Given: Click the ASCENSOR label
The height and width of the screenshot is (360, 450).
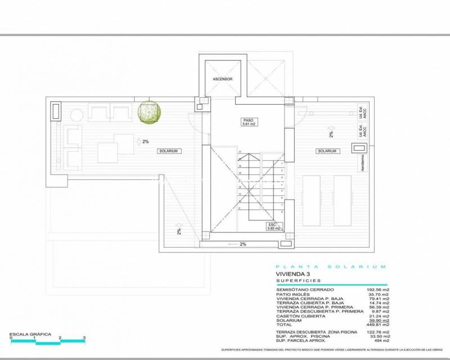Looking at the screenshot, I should point(223,79).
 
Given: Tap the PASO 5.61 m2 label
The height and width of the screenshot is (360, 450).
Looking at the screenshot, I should point(248,122).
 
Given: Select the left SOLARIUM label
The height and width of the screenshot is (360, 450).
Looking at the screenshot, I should point(168,151).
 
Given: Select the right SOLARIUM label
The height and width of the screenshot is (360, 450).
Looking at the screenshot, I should point(327,151).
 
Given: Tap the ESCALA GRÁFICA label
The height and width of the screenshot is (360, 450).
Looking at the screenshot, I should point(30,335).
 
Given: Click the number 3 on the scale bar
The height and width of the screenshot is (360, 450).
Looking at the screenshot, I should point(84,338).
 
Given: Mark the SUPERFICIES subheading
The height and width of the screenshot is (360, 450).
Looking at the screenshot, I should point(298,280).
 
